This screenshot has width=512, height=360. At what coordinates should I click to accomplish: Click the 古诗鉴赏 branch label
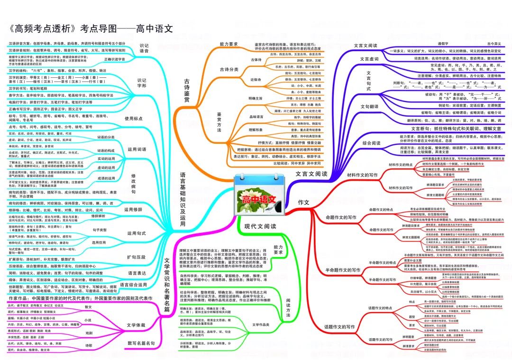[186, 92]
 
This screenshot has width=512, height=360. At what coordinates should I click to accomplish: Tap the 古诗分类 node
[229, 69]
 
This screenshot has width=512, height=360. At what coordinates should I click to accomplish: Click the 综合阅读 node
[371, 142]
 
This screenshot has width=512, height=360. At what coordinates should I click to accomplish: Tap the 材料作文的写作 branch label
[362, 175]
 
